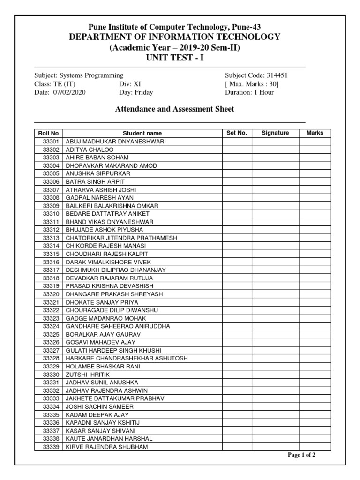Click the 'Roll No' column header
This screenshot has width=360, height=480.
(x=48, y=133)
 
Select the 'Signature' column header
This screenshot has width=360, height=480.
(x=275, y=133)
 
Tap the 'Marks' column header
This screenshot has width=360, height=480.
(x=315, y=133)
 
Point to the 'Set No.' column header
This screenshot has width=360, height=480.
(x=236, y=133)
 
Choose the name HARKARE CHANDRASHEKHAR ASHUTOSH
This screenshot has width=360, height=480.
(x=127, y=358)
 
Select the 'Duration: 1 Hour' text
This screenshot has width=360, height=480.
(x=249, y=92)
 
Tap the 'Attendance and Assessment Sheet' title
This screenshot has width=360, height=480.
(x=175, y=109)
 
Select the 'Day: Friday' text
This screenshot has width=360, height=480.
(x=136, y=92)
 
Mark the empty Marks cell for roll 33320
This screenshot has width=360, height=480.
(x=315, y=294)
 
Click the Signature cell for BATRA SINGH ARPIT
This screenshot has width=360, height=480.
(x=275, y=181)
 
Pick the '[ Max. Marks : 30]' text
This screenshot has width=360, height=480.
(x=252, y=84)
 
